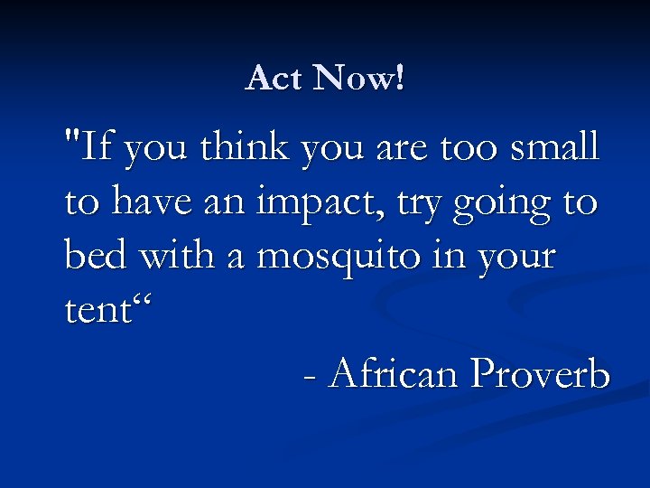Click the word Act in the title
274,79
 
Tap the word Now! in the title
359,79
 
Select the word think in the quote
242,148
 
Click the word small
553,148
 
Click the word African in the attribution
395,372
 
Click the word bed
92,257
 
